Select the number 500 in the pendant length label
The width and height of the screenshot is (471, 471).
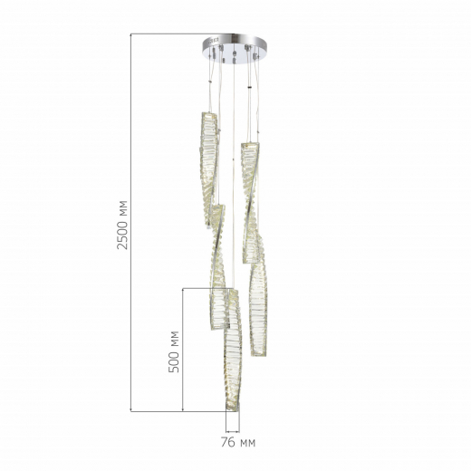click(174, 360)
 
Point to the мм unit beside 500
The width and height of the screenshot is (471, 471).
click(175, 338)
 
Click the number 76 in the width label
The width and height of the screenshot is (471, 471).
click(228, 442)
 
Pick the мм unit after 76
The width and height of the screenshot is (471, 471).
click(247, 443)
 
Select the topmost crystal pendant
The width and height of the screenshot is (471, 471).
click(209, 170)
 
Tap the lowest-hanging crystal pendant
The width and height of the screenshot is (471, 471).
click(232, 351)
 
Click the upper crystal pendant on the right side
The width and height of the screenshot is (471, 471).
click(250, 202)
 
